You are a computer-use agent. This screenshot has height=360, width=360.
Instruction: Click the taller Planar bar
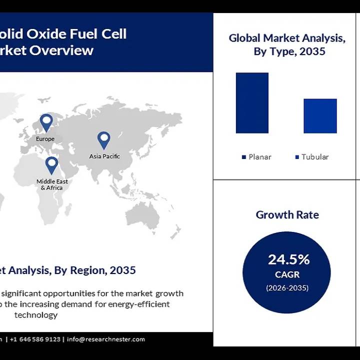point(252,103)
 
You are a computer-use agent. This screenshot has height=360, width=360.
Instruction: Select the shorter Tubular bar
point(320,116)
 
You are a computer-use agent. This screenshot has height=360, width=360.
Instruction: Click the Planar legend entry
point(256,157)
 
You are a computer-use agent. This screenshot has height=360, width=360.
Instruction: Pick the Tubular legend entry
point(311,157)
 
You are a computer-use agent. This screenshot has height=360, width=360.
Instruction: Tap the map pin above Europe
point(46,122)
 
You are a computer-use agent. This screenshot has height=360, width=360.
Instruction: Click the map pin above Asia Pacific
point(103,140)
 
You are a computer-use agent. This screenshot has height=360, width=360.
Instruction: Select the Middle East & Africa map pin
point(51,164)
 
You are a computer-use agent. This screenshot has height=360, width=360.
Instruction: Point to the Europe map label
point(45,138)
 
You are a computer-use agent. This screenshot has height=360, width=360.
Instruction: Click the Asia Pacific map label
point(104,156)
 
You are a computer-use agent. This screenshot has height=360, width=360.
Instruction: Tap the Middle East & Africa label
point(52,184)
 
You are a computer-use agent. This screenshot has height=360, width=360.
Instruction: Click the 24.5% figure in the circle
point(288,259)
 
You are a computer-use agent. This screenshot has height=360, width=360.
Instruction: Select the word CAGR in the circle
point(287,275)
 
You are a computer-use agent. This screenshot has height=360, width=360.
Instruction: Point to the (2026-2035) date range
point(287,288)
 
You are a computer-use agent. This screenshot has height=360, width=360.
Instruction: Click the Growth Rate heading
point(287,215)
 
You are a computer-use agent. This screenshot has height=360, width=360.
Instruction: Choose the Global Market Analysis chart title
point(287,44)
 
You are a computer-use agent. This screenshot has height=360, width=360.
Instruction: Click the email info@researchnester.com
point(105,339)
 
